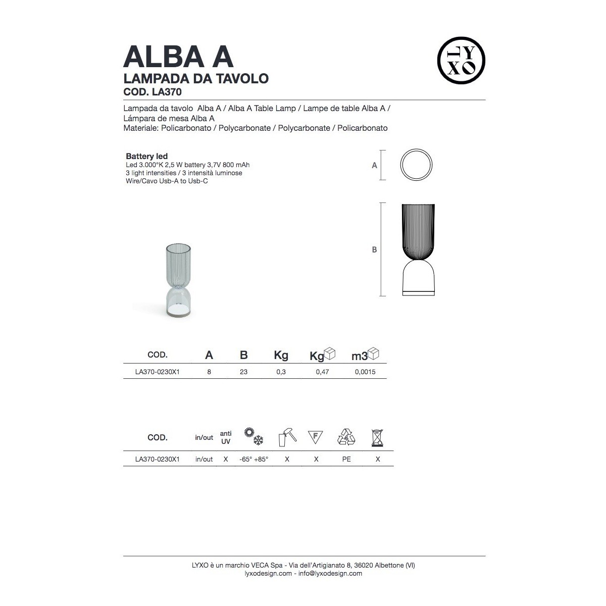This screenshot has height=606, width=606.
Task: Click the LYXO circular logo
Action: [x=461, y=61]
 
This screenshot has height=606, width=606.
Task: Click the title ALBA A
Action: [x=178, y=57]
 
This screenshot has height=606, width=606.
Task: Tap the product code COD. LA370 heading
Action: [x=153, y=92]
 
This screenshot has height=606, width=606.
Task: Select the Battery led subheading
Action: [x=146, y=156]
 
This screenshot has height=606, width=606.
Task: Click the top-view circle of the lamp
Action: [x=416, y=149]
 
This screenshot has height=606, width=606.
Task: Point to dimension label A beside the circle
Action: [x=374, y=166]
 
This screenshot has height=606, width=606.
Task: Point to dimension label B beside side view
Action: [x=374, y=249]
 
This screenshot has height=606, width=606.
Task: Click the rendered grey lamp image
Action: [x=178, y=280]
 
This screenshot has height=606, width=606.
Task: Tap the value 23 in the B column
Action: [x=243, y=372]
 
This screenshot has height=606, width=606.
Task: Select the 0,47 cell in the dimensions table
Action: [x=322, y=372]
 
